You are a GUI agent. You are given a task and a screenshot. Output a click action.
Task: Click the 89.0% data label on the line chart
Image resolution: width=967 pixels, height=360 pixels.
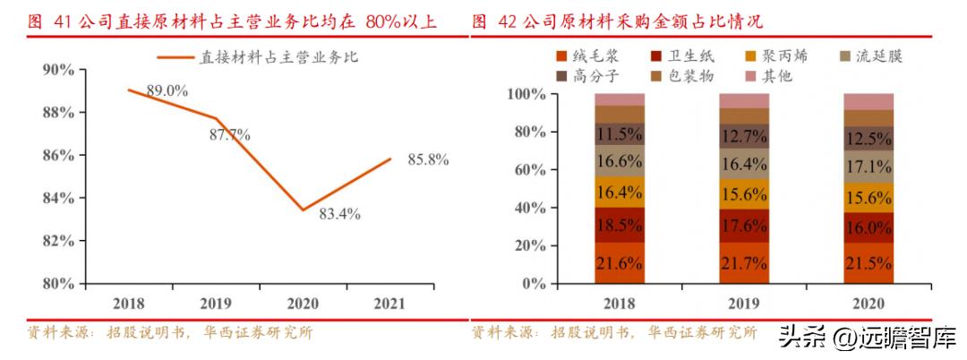pos(167,90)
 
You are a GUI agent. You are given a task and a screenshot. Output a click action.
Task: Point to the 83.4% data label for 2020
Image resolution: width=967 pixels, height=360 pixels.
pos(339,214)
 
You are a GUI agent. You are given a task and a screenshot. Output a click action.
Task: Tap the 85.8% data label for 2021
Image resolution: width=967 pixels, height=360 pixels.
pos(427,159)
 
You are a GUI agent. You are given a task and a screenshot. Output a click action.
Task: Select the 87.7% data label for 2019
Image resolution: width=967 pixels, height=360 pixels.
pos(229,135)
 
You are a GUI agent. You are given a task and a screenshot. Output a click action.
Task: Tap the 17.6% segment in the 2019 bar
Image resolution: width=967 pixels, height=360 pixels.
pos(743,226)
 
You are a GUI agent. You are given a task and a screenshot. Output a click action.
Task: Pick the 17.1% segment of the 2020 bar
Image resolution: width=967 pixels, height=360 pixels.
pos(868,167)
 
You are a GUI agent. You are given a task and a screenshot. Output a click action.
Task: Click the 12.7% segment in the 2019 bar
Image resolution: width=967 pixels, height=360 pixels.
pos(743,136)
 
